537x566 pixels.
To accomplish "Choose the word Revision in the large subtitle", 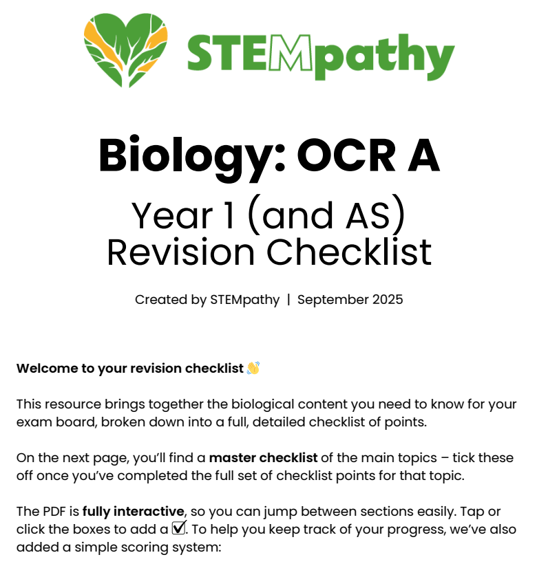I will (x=180, y=252).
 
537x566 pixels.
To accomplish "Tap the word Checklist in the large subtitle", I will (x=349, y=252).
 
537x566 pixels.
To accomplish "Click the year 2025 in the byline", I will (x=388, y=300).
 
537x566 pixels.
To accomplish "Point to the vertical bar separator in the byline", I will (x=288, y=300).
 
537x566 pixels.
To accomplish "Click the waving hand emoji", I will (x=253, y=369).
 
